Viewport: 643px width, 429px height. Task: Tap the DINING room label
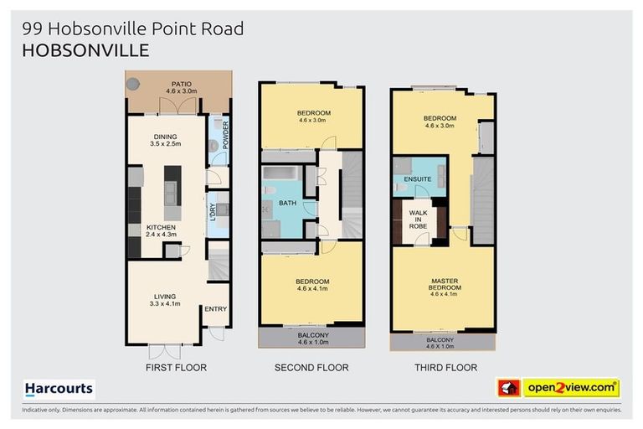pos(164,137)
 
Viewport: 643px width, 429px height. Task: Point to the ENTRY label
pos(215,309)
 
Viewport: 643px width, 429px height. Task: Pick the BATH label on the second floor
pos(286,203)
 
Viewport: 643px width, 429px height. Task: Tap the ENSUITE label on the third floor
pos(418,179)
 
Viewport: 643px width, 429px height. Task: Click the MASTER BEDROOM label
pos(445,284)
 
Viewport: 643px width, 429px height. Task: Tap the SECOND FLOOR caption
pos(311,368)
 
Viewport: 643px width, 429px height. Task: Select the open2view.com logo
pos(571,388)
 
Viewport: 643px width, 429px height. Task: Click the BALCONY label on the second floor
pos(313,335)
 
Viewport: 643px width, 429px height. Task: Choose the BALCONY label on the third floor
pos(440,339)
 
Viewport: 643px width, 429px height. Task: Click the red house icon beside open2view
pos(507,388)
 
